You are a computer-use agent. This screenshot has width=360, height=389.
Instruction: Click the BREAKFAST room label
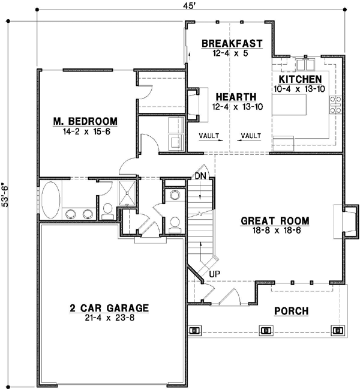coord(232,43)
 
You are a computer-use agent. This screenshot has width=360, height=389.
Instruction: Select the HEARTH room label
coord(236,97)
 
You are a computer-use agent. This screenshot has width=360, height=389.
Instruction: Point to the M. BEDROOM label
coord(85,121)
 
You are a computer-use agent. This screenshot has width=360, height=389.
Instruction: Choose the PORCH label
coord(291,311)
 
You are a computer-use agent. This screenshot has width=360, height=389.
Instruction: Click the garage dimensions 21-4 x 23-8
coord(109,318)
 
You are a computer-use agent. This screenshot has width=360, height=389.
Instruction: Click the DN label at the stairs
coord(200,176)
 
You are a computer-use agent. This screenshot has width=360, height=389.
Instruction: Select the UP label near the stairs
coord(214,274)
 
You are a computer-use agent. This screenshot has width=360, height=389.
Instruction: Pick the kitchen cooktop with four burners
coord(334,105)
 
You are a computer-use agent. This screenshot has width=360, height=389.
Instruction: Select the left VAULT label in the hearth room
coord(209,135)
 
